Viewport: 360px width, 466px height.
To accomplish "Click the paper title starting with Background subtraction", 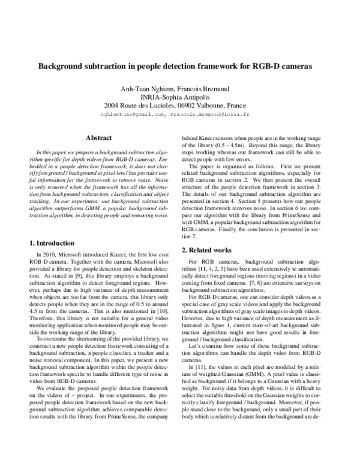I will click(180, 67).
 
